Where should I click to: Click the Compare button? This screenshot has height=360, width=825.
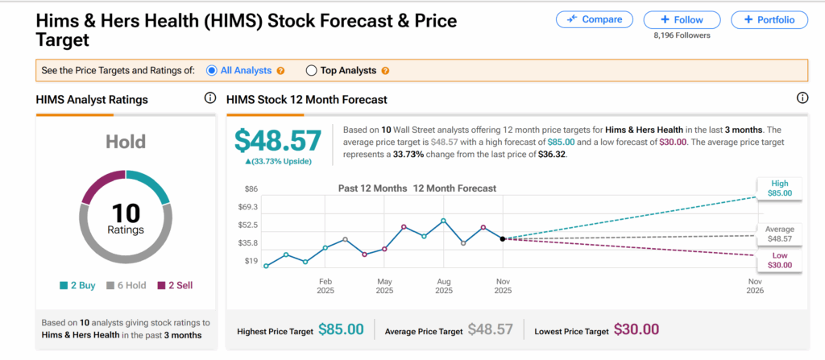[594, 19]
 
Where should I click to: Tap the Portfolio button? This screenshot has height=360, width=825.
[769, 19]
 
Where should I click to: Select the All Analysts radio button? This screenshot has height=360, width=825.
[212, 70]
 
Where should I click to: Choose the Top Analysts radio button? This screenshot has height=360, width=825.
[312, 70]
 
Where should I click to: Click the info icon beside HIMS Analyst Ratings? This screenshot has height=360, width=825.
[209, 98]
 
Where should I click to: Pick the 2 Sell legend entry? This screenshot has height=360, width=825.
[175, 285]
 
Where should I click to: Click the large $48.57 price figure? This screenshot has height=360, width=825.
[278, 139]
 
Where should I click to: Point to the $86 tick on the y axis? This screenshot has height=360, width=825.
[250, 188]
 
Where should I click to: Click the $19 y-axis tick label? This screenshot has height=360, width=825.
[250, 261]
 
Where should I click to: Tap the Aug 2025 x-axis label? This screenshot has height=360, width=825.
[444, 286]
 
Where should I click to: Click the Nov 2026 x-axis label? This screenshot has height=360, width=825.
[756, 286]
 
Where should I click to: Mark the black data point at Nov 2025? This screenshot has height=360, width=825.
[503, 238]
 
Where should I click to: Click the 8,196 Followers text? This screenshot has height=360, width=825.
[681, 35]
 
